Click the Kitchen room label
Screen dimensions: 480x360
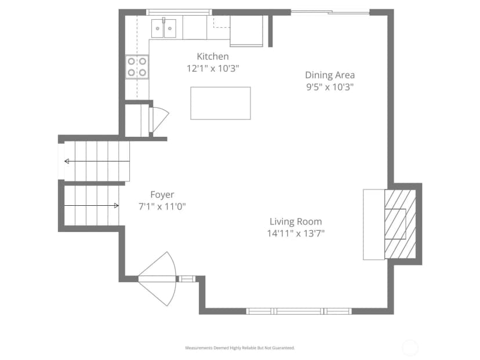[x=213, y=56]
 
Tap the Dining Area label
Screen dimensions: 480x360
[x=330, y=75]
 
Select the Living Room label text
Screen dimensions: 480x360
[x=296, y=221]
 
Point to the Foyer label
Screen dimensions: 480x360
[x=162, y=195]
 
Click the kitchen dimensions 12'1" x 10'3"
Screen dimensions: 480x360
[x=213, y=68]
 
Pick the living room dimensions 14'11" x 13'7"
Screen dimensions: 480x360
[x=296, y=234]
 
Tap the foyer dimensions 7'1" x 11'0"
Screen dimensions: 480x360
[x=162, y=206]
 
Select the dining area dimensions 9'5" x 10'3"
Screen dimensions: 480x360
[x=330, y=87]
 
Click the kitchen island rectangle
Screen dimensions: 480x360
[x=220, y=103]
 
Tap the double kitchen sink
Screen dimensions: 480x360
[x=163, y=28]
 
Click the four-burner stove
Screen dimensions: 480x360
[x=137, y=67]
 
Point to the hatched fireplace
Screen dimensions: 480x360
[x=400, y=224]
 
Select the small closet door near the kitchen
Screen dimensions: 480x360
[x=159, y=119]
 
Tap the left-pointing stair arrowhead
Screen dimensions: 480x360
[x=67, y=161]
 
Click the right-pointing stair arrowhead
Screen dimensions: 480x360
[x=117, y=206]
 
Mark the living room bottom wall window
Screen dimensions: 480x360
[x=299, y=311]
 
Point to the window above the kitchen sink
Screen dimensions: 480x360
[x=179, y=12]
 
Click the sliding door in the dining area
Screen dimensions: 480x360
[x=330, y=12]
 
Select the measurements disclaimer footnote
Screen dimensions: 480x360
[x=240, y=348]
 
